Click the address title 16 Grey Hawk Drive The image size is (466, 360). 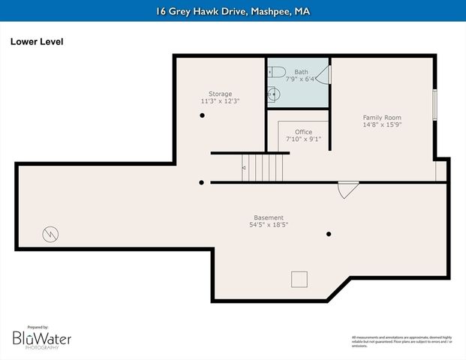pos(233,11)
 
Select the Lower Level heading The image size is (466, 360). pos(36,42)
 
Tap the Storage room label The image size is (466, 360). pos(220,94)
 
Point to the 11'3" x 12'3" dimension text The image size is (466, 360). pos(220,101)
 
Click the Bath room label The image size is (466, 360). pos(301,72)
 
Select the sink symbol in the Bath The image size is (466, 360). pos(275,95)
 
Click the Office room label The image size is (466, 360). pos(303,132)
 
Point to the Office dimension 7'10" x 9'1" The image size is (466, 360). pos(303,139)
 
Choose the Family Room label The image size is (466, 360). pos(382,118)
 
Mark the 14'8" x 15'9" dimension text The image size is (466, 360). pos(382,125)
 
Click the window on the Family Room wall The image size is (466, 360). pos(434,105)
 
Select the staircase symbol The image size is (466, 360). pos(263,166)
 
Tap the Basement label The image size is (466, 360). pos(269,217)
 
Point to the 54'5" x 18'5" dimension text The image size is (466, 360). pos(269,225)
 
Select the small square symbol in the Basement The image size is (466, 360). pos(299,279)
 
